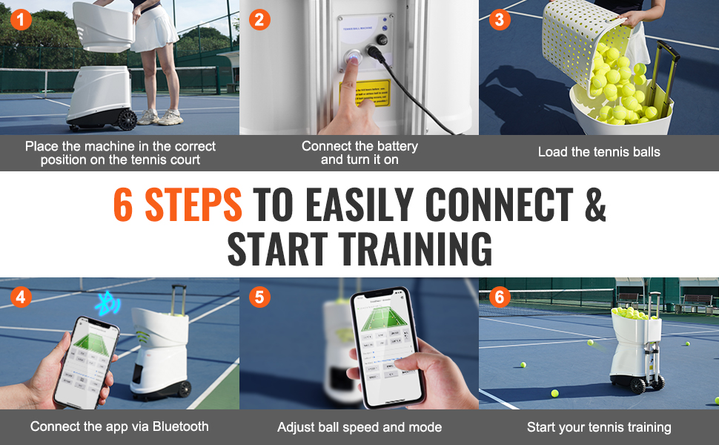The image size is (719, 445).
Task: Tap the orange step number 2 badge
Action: (x=259, y=19)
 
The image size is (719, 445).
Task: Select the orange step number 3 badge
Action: (x=499, y=19)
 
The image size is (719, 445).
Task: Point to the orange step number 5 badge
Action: (x=259, y=297)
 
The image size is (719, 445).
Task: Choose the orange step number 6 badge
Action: (x=499, y=297)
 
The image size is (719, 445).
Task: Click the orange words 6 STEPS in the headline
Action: (x=178, y=205)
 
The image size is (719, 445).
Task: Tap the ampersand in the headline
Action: (x=594, y=205)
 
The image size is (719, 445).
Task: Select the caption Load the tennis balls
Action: (x=599, y=152)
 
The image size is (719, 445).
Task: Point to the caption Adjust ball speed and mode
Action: (x=359, y=427)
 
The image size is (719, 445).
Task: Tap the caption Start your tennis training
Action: (x=599, y=427)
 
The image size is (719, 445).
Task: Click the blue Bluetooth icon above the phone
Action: (x=110, y=303)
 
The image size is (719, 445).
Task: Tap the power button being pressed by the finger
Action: (x=353, y=57)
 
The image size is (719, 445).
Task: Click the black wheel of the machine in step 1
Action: (x=127, y=119)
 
